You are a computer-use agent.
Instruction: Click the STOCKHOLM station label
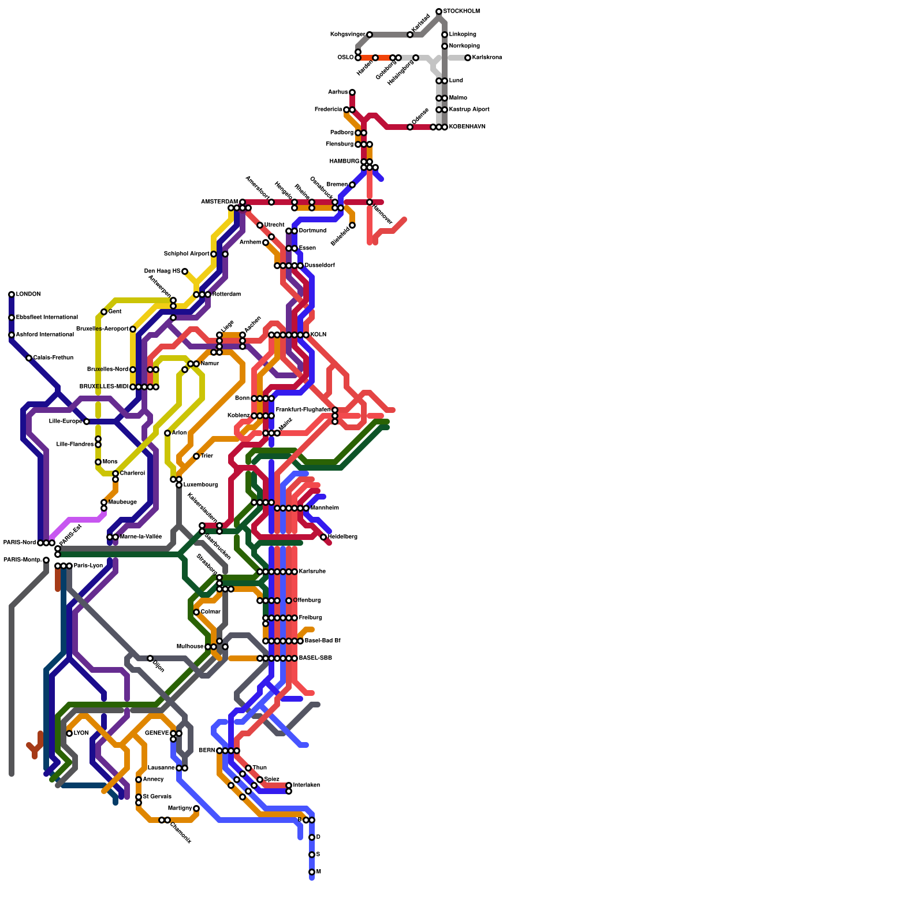coord(461,12)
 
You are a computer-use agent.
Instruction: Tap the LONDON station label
coord(28,295)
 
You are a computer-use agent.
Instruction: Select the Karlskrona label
coord(487,58)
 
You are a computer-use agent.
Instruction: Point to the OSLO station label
coord(345,58)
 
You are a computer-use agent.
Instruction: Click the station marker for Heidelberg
coord(323,537)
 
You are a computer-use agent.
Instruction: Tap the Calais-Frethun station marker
coord(29,358)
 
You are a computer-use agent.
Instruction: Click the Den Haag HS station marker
coord(185,271)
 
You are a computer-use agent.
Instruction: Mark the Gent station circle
coord(104,312)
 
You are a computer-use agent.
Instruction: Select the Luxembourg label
coord(200,485)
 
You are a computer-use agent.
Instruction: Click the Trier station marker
coord(196,456)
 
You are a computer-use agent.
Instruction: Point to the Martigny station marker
coord(196,808)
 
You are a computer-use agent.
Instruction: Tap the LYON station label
coord(81,733)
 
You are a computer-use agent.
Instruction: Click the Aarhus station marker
coord(352,92)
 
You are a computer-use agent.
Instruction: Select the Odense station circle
coord(410,127)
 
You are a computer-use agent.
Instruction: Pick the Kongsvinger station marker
coord(370,35)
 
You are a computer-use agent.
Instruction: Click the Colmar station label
coord(210,612)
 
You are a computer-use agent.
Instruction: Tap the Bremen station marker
coord(352,185)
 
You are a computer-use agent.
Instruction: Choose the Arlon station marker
coord(167,433)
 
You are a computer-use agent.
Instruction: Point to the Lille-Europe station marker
coord(87,422)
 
